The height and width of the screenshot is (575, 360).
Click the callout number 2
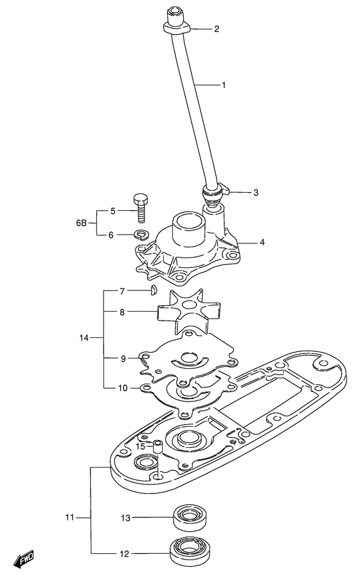pos(217,29)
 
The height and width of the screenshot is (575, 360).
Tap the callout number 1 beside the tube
pos(224,85)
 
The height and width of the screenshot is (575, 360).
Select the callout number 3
pos(256,192)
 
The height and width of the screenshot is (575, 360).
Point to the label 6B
pos(81,222)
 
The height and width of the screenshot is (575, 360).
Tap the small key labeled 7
pos(154,291)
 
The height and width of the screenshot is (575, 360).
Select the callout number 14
pos(84,338)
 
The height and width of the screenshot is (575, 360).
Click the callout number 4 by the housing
pos(262,242)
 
